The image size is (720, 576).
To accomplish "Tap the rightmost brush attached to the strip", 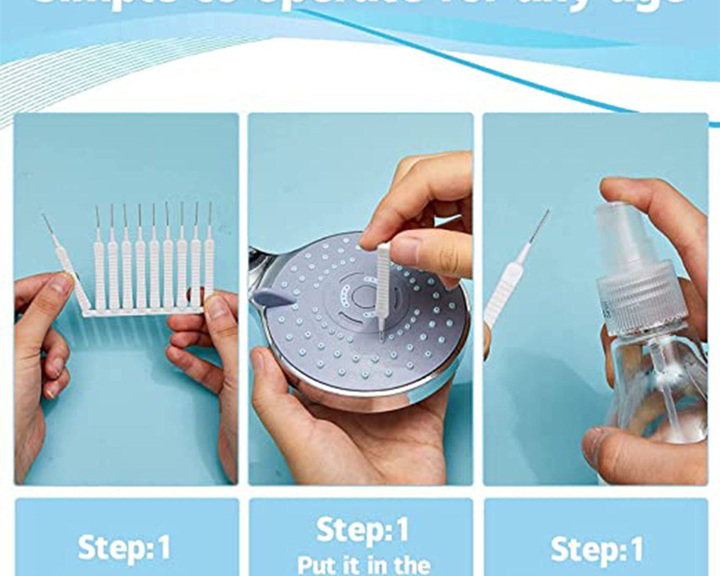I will [209, 266].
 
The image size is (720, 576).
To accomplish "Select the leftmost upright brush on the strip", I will [99, 271].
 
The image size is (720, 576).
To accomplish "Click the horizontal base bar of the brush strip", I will [143, 312].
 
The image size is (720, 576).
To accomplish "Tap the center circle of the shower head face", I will [362, 297].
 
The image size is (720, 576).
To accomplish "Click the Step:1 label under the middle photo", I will [362, 530].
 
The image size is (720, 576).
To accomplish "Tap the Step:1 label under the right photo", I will [597, 550].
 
